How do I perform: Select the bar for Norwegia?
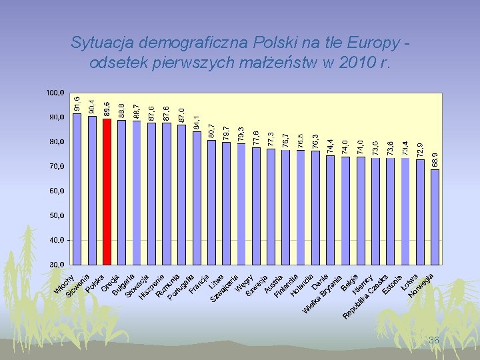tap(435, 217)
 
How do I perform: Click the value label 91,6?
tap(77, 103)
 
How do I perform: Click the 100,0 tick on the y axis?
tap(55, 92)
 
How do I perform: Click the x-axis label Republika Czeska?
tap(365, 297)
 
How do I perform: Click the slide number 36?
tap(434, 341)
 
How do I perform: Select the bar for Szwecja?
tap(257, 205)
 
